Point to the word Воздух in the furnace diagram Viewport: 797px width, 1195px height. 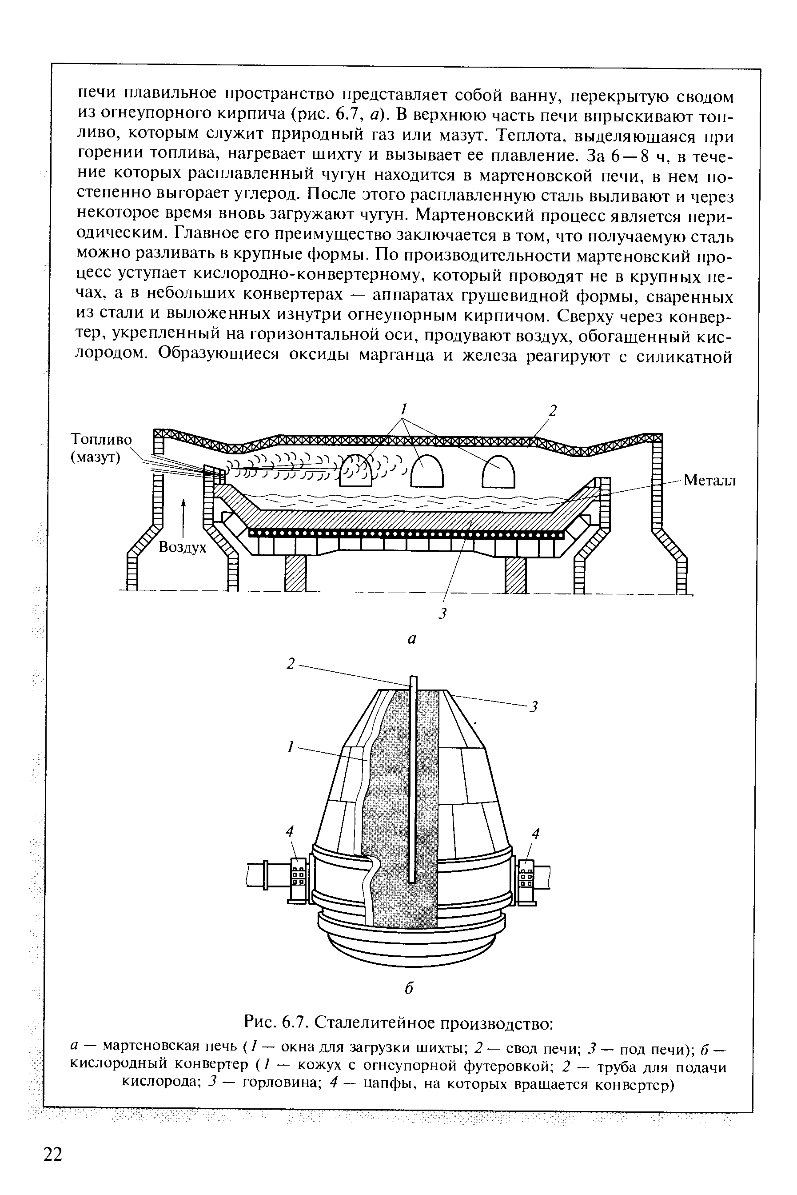(183, 547)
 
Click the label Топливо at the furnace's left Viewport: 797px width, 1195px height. (101, 439)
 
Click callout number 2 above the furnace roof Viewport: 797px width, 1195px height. (553, 411)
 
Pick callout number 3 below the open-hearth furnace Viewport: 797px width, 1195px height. (442, 614)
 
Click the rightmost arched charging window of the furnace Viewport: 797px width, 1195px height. (498, 470)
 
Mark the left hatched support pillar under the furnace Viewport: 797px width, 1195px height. (295, 573)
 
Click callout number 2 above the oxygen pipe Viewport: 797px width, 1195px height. (291, 664)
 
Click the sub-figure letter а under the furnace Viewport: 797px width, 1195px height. (412, 640)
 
